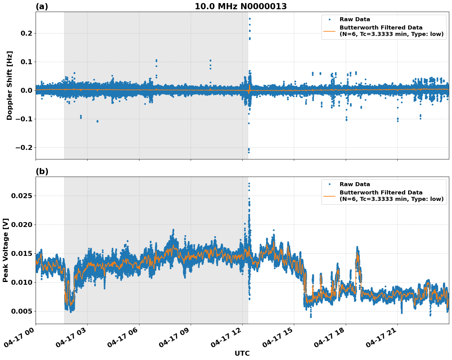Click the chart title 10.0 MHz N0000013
[241, 6]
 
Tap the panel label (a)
[42, 6]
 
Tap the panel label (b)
[42, 171]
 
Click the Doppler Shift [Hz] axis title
[10, 85]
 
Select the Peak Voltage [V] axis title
[6, 250]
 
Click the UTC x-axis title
[242, 353]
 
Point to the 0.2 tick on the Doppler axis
[27, 33]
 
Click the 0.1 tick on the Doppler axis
[27, 62]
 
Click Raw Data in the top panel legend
[355, 19]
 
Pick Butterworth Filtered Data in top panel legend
[381, 28]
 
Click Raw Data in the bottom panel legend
[355, 184]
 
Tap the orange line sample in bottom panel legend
[329, 196]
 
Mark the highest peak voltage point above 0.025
[249, 184]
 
